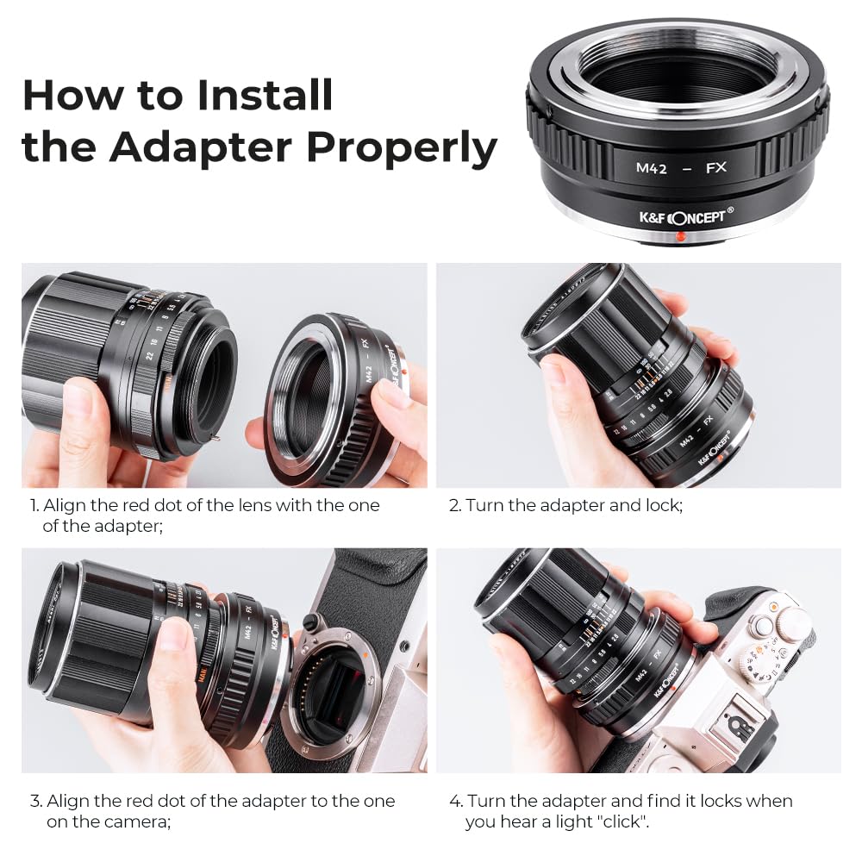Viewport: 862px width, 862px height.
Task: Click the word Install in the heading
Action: (x=265, y=95)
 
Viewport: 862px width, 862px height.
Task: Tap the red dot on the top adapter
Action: (x=680, y=236)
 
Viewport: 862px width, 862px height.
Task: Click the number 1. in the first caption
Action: (x=34, y=506)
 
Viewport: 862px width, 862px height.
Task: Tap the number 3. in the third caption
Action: (x=35, y=802)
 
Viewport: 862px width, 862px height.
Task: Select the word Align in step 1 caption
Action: (x=63, y=506)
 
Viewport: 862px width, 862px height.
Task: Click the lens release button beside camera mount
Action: (x=309, y=622)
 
